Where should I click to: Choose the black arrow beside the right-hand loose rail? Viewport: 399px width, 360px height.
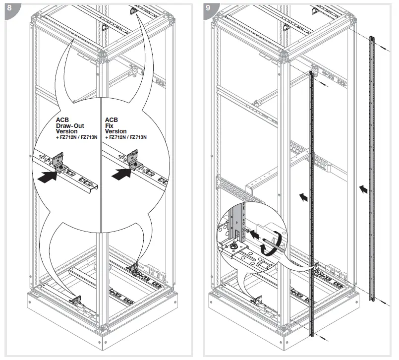tap(364, 188)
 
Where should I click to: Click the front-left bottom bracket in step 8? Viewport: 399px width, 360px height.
tap(76, 300)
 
